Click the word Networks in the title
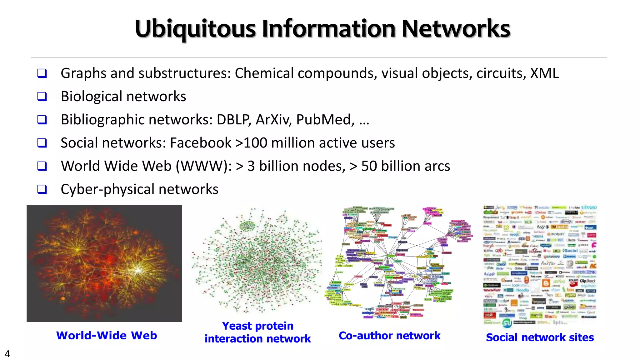[456, 29]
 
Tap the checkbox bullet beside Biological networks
[42, 96]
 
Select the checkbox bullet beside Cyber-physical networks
[42, 189]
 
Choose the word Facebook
[201, 143]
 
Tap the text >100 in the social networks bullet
[251, 143]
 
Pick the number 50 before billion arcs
[369, 166]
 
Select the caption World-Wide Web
[107, 335]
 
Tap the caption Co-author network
[389, 336]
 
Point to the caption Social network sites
[540, 337]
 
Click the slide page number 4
[7, 354]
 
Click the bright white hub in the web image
[138, 269]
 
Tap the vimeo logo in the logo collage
[589, 207]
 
